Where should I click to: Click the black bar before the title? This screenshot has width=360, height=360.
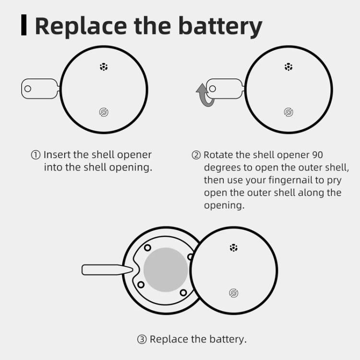[24, 25]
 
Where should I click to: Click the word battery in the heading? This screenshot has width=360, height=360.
[220, 26]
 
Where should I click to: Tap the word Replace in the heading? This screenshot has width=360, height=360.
[81, 26]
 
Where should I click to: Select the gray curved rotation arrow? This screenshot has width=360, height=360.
[204, 96]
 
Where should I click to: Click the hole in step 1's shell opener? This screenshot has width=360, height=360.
[28, 89]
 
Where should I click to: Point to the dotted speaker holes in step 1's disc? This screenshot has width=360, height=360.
[104, 67]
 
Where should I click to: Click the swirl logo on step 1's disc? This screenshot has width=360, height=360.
[104, 112]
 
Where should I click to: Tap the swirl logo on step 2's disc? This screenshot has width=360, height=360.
[288, 112]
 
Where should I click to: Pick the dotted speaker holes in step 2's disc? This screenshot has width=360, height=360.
[288, 67]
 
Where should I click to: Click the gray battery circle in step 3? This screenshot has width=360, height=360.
[166, 270]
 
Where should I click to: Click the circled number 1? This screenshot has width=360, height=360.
[36, 155]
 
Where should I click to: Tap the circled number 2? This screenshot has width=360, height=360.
[196, 155]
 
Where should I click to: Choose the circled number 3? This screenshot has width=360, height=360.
[142, 339]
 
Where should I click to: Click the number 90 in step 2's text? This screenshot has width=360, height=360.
[318, 155]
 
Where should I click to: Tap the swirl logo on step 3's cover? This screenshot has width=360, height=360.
[234, 293]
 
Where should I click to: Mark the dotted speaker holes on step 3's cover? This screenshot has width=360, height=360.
[234, 248]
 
